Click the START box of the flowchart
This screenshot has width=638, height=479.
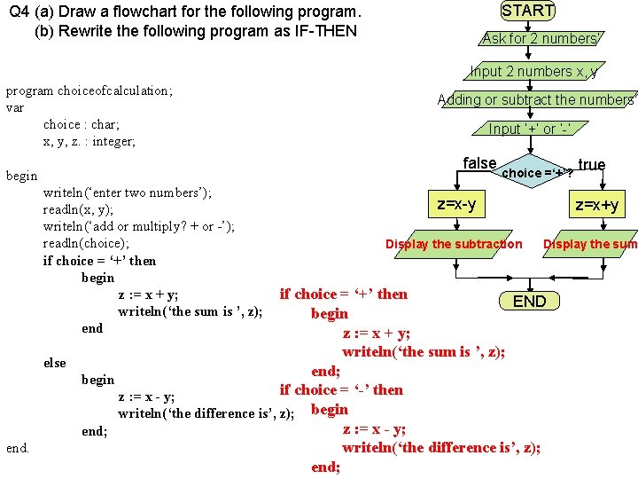point(528,11)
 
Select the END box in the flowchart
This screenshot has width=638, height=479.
point(530,301)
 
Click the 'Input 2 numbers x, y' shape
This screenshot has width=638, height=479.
point(533,72)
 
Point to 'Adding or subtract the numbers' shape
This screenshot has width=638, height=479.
point(537,100)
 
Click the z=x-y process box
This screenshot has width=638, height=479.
point(456,205)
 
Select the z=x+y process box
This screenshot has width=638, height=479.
point(597,206)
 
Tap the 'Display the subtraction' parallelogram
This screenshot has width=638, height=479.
point(454,244)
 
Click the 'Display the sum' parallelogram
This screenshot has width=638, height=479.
point(590,244)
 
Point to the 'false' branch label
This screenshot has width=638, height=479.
point(479,163)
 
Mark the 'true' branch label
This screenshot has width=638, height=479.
point(591,165)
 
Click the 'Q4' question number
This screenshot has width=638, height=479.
point(19,12)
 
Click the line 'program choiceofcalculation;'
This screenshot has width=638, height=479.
point(89,90)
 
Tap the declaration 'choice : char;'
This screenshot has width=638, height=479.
point(81,124)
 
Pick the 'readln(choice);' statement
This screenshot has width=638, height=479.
point(86,243)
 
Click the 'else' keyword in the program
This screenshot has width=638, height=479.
point(55,362)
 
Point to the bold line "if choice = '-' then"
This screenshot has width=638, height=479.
point(341,389)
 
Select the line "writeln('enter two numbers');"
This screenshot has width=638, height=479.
point(127,192)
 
